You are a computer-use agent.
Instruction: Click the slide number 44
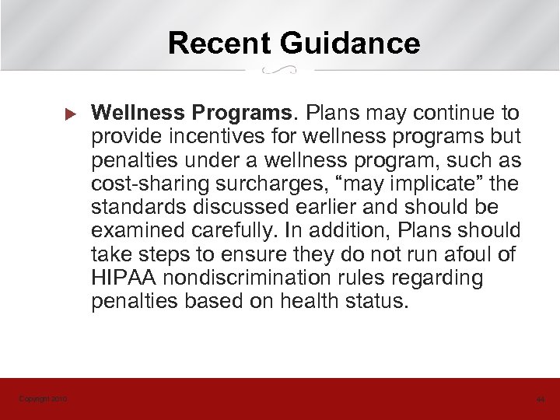[541, 400]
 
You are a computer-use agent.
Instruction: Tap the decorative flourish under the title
[279, 70]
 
